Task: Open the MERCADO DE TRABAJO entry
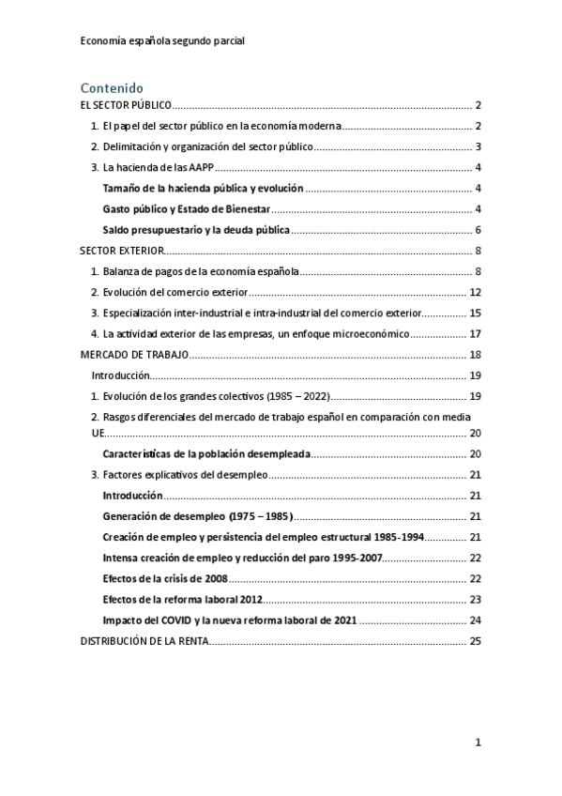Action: click(x=135, y=354)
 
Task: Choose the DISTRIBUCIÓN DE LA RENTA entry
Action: click(x=144, y=641)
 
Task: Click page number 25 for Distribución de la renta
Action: click(x=475, y=641)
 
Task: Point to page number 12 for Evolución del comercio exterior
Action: click(x=475, y=292)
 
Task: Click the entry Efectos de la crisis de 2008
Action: click(x=161, y=579)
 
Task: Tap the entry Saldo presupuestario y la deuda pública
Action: click(x=196, y=230)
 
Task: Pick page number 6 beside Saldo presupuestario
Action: click(x=478, y=230)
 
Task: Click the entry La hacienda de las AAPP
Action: click(x=164, y=167)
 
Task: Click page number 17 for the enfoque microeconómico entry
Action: click(x=475, y=333)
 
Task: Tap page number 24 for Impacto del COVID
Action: click(x=475, y=620)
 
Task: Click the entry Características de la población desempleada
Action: click(x=201, y=454)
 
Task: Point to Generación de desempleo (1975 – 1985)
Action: click(x=197, y=516)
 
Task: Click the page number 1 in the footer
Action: click(x=478, y=742)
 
